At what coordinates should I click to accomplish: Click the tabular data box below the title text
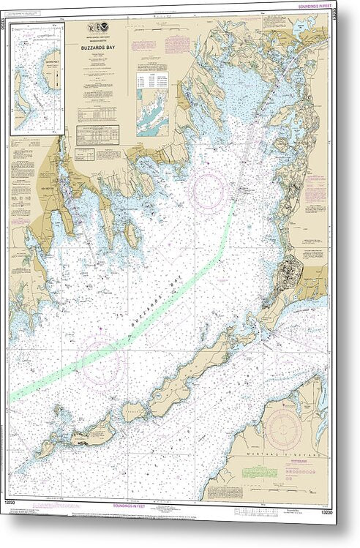point(97,134)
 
